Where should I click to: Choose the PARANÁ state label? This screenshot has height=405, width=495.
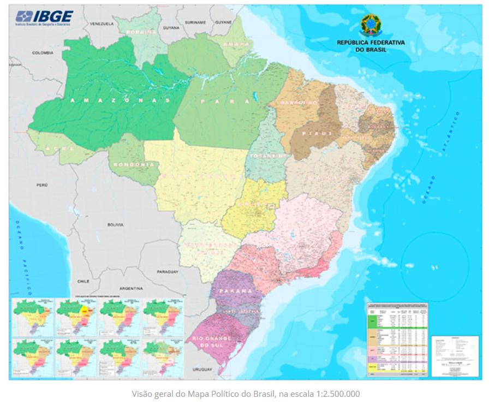coord(236,291)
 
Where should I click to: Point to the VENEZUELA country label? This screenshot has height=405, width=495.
coord(102,25)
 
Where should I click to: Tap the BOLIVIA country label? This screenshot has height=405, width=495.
coord(116,224)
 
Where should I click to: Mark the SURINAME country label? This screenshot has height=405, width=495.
coord(195,23)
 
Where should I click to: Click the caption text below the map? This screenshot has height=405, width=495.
coord(247,393)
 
